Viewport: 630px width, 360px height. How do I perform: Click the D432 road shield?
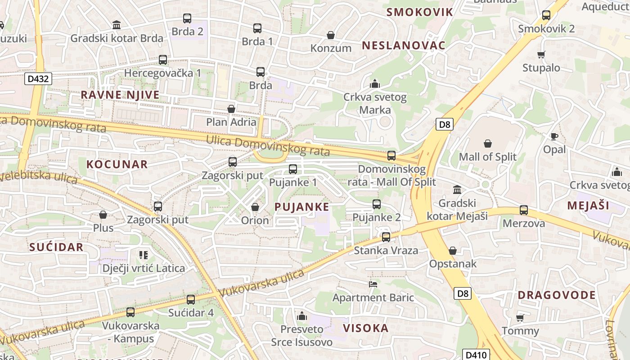[38, 79]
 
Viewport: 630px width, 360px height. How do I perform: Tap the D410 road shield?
[476, 355]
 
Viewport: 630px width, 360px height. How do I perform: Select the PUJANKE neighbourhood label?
[301, 207]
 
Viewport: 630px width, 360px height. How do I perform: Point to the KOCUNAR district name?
[117, 164]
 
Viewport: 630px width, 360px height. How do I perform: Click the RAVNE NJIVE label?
[120, 95]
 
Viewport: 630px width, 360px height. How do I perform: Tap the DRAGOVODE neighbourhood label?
[557, 295]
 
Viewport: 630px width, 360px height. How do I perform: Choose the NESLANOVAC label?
[404, 45]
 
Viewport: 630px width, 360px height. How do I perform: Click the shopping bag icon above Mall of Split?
[487, 144]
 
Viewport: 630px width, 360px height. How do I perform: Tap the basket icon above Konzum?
[331, 35]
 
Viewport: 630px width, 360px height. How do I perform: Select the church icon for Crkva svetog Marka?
[374, 84]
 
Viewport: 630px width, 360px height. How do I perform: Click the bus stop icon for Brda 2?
[187, 18]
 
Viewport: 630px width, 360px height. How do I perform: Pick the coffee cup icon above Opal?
[554, 136]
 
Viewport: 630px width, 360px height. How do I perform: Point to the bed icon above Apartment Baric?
[373, 284]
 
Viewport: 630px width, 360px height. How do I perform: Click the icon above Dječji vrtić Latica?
[144, 255]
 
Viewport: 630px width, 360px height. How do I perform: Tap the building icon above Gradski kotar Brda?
[117, 25]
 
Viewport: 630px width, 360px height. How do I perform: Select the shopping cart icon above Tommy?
[520, 318]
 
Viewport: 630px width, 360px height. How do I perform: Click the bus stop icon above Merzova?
[523, 210]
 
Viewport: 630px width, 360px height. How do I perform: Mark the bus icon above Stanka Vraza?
[386, 237]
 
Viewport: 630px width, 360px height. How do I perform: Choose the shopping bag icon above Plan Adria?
[231, 109]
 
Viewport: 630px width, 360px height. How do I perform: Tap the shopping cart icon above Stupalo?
[541, 54]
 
